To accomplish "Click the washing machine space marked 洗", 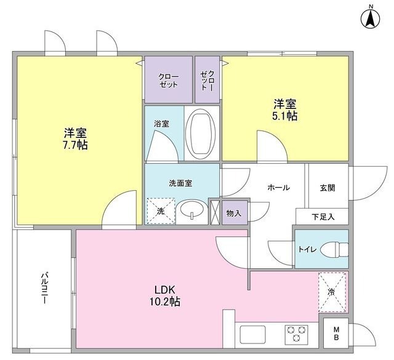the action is (161, 211).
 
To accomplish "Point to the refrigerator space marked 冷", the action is (332, 292).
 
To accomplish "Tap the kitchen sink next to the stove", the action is (252, 334).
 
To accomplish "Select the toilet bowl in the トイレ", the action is (334, 249).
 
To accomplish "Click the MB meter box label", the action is (336, 333).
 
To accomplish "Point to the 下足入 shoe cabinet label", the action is (323, 217).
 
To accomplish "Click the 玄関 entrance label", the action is (328, 188).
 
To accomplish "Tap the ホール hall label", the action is (279, 188).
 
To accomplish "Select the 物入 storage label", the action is (234, 214).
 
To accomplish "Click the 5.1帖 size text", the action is (285, 116).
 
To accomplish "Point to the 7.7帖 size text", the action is (75, 145).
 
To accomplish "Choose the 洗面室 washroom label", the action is (180, 183).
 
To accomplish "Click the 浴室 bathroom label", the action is (161, 124).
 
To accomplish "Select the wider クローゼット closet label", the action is (168, 81).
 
